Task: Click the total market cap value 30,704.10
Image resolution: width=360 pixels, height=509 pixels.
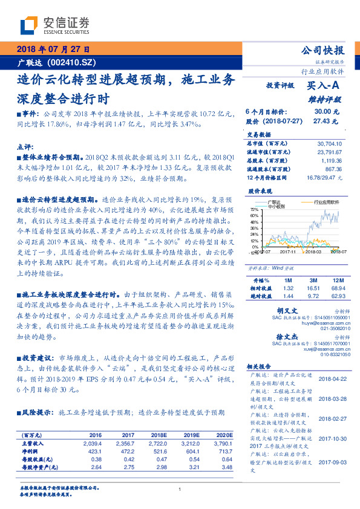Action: click(x=330, y=143)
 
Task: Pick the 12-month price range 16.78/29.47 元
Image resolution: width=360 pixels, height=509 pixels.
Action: click(x=326, y=177)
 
